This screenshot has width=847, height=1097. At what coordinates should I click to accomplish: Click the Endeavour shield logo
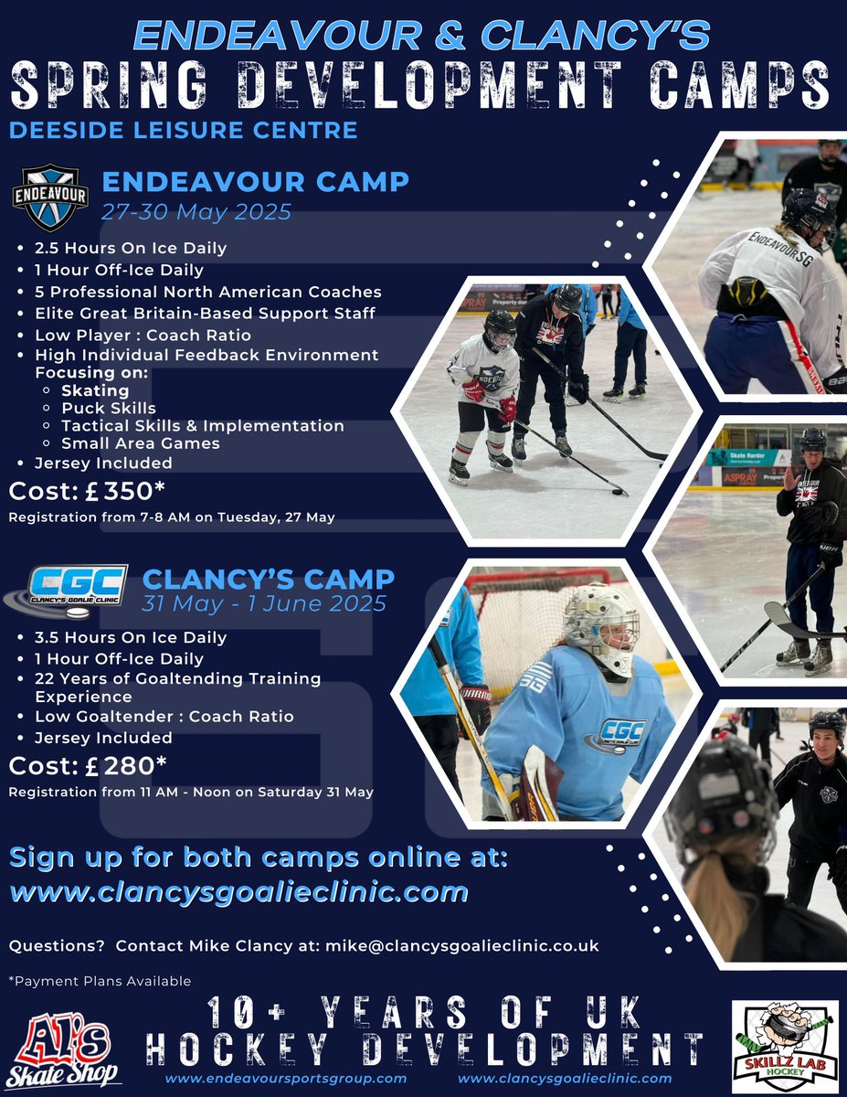click(x=49, y=196)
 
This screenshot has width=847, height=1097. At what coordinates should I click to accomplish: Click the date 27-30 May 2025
click(x=196, y=212)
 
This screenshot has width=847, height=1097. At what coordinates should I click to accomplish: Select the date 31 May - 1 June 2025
click(x=264, y=604)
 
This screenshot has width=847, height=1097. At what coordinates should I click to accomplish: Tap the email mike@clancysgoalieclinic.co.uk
click(x=462, y=945)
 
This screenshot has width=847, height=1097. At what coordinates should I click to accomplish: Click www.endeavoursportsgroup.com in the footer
click(x=286, y=1079)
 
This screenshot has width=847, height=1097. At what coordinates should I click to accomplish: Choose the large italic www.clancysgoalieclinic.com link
click(x=239, y=891)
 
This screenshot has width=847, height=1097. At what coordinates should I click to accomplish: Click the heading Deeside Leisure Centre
click(x=183, y=130)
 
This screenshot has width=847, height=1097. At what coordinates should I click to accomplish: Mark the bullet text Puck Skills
click(x=109, y=408)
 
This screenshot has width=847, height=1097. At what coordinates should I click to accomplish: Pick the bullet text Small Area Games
click(x=141, y=443)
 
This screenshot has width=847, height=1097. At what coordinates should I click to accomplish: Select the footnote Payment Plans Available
click(x=100, y=981)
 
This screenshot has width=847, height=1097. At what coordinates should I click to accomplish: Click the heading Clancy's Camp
click(x=269, y=579)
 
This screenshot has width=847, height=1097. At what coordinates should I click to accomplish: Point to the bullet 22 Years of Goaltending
click(x=178, y=679)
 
